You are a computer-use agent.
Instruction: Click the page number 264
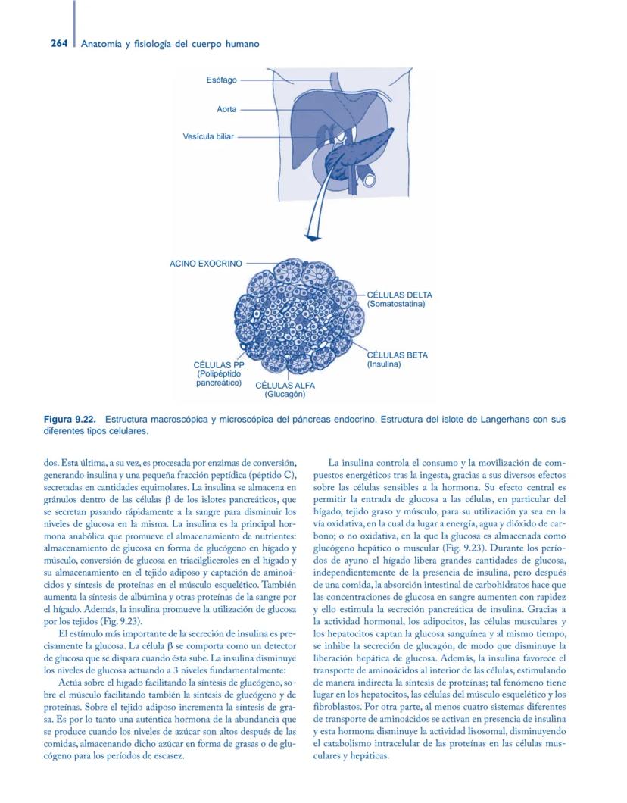pyautogui.click(x=40, y=44)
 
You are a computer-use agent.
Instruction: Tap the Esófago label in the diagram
pyautogui.click(x=221, y=80)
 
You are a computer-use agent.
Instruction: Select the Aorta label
pyautogui.click(x=226, y=109)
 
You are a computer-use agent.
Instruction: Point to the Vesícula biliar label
pyautogui.click(x=208, y=137)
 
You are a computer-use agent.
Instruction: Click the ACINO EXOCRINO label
pyautogui.click(x=205, y=264)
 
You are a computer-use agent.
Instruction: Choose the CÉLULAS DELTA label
pyautogui.click(x=399, y=294)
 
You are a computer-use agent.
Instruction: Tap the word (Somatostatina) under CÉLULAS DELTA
pyautogui.click(x=396, y=304)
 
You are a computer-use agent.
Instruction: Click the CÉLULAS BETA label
pyautogui.click(x=397, y=355)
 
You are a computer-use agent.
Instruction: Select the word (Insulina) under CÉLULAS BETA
pyautogui.click(x=384, y=364)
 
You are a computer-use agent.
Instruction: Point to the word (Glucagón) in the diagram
pyautogui.click(x=285, y=395)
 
